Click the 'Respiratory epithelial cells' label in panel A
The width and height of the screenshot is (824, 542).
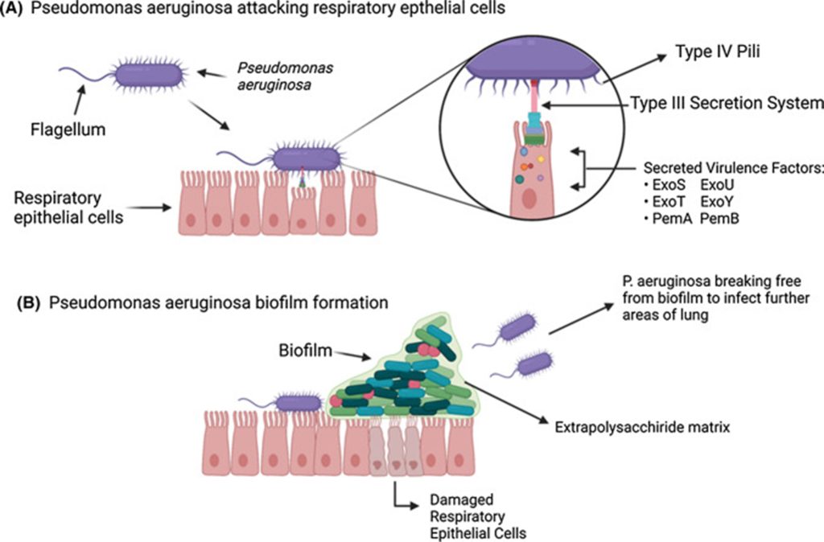pos(68,207)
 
